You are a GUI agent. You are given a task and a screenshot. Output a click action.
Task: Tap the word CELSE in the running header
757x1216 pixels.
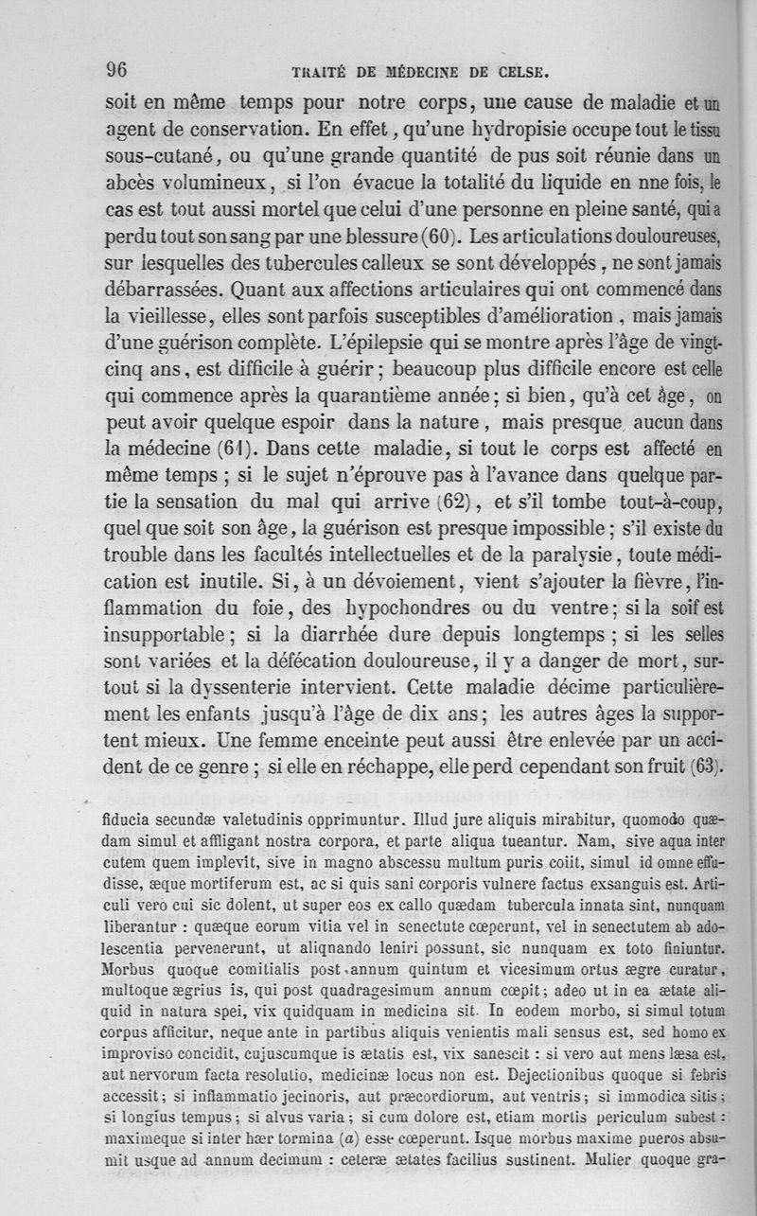coord(522,71)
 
